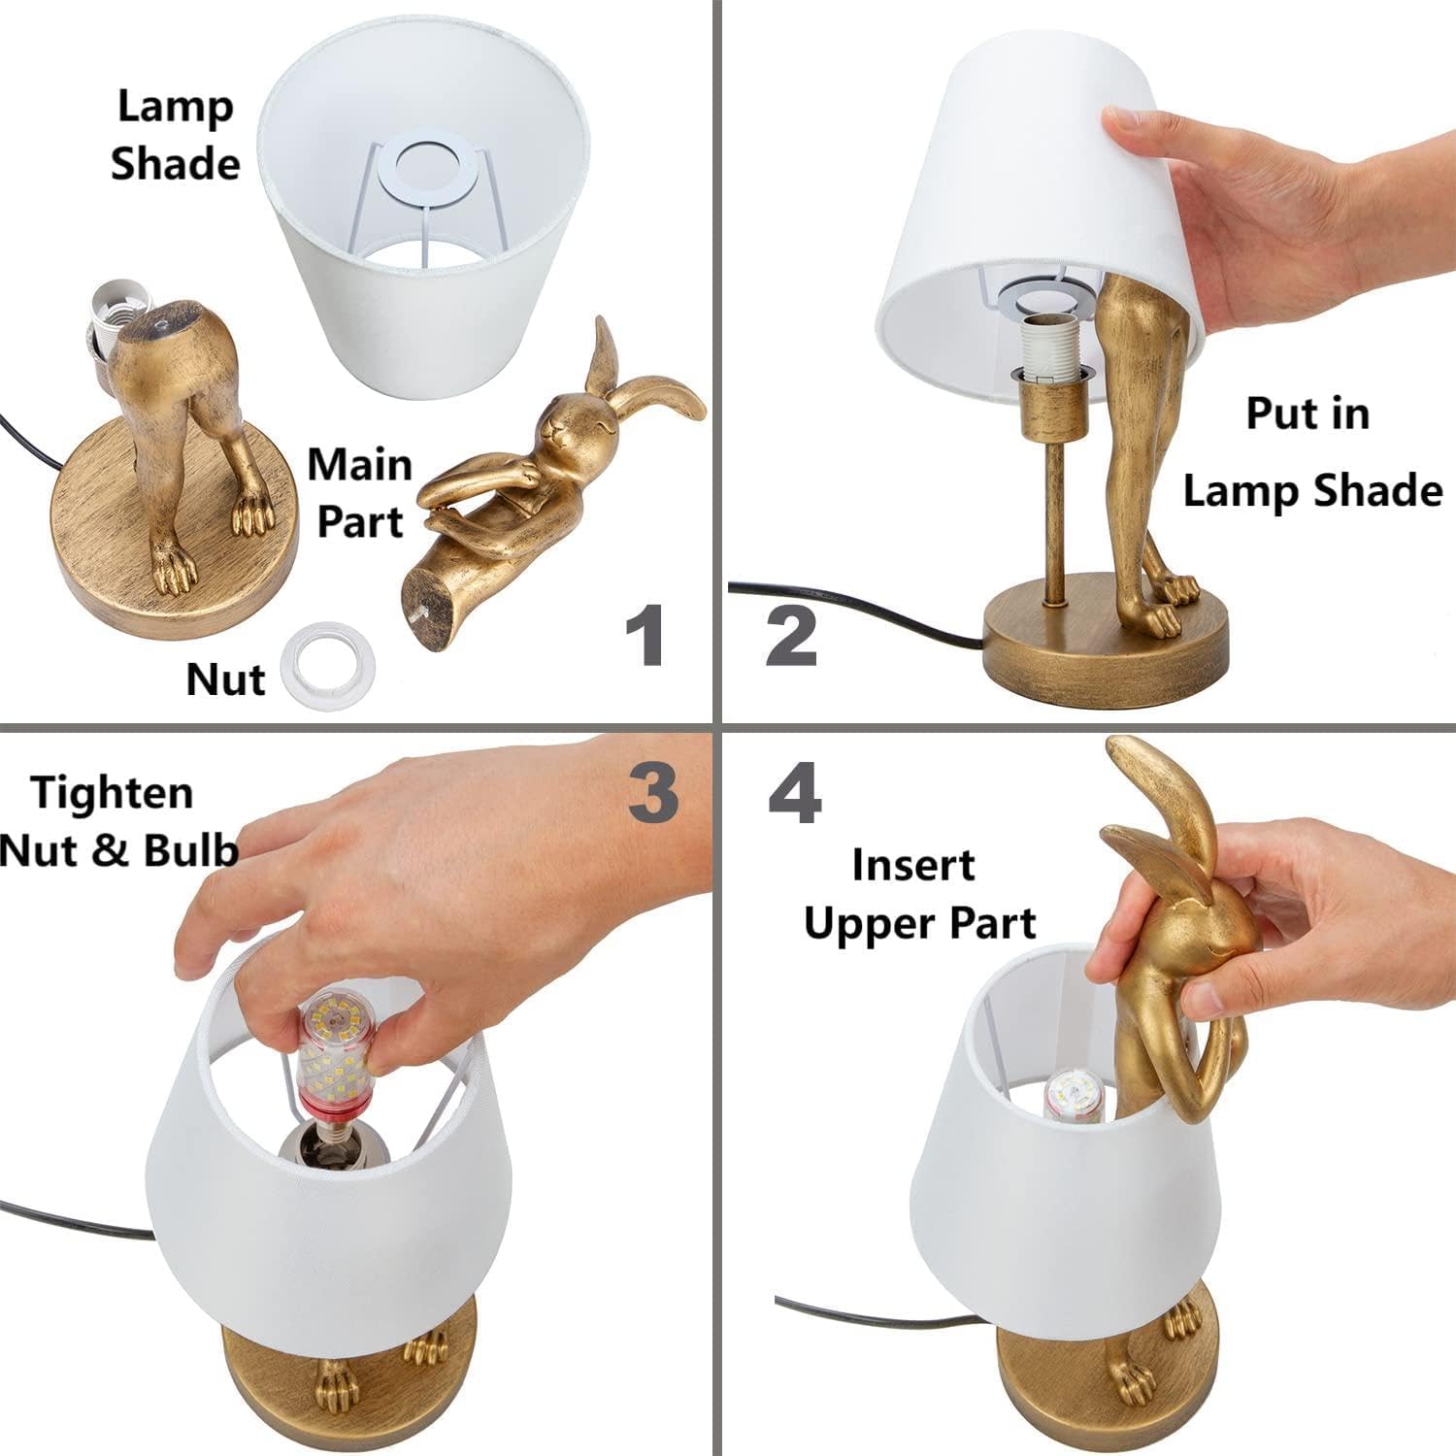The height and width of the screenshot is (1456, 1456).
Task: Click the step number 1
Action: pyautogui.click(x=645, y=635)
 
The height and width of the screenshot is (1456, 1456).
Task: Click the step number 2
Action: pyautogui.click(x=791, y=635)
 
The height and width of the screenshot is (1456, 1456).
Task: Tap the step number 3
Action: pyautogui.click(x=652, y=791)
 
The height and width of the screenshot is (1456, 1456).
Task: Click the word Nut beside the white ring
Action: pyautogui.click(x=225, y=678)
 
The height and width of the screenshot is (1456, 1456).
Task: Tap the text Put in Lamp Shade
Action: pyautogui.click(x=1310, y=451)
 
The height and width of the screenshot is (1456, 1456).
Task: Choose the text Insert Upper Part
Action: pyautogui.click(x=917, y=893)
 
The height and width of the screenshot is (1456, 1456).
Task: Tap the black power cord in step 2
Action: pyautogui.click(x=854, y=612)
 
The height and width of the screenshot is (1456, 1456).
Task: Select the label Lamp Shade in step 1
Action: pyautogui.click(x=175, y=134)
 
